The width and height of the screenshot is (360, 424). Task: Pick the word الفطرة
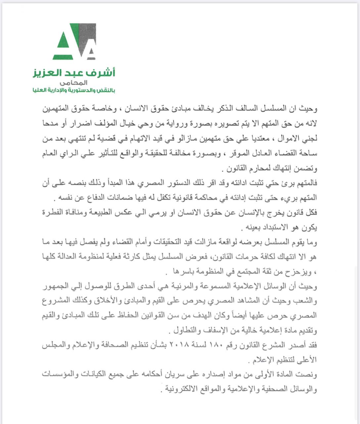click(55, 213)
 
